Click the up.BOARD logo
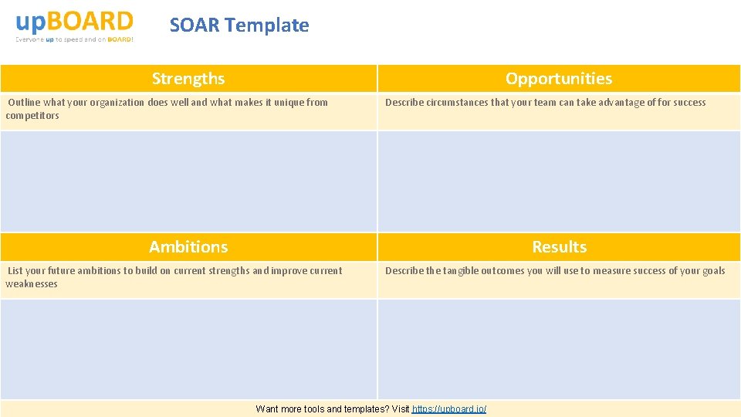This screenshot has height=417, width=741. coord(75,22)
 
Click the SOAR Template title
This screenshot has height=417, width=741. coord(239,25)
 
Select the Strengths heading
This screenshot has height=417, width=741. coord(188,79)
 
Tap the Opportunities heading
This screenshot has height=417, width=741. coord(559,79)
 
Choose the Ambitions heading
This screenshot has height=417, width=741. coord(188,247)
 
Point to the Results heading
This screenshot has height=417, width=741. coord(559,247)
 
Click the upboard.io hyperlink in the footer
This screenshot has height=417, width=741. coord(449,409)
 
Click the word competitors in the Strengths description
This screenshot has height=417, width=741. coord(32,116)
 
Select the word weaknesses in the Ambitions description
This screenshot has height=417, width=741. coord(32,284)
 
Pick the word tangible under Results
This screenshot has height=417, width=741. coord(463,271)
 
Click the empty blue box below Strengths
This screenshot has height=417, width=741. coord(188,181)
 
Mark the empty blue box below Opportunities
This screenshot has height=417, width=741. coord(559,181)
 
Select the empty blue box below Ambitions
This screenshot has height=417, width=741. coord(188,349)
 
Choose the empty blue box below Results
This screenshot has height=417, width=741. coord(559,349)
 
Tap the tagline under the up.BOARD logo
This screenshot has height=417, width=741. coord(75,39)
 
